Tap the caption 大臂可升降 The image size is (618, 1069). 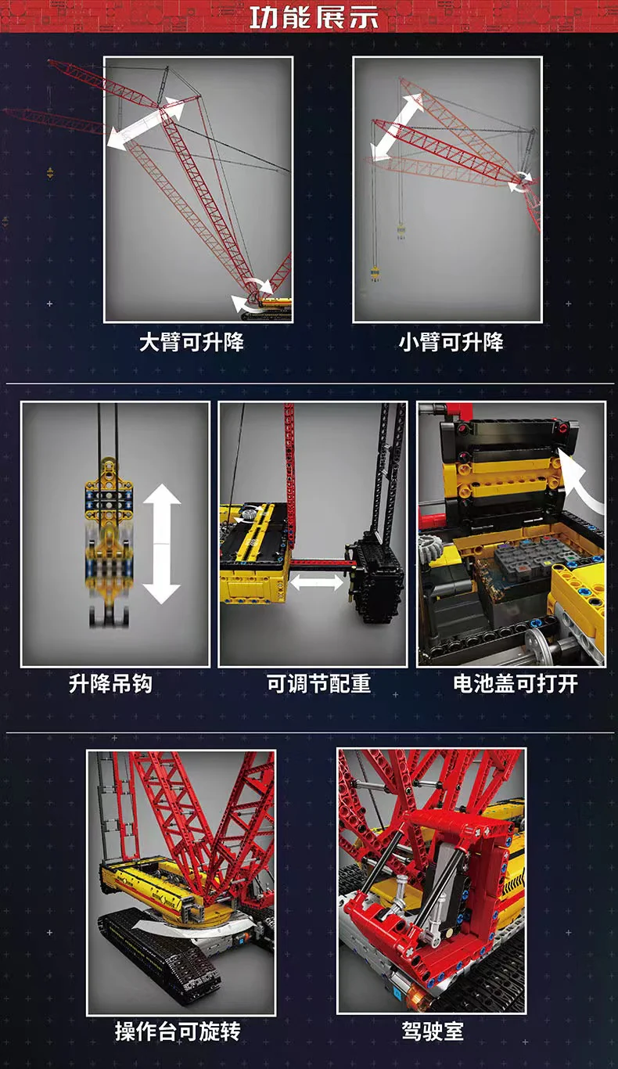click(x=192, y=343)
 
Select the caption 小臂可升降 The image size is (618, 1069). click(x=451, y=343)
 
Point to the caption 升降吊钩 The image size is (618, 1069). click(x=110, y=684)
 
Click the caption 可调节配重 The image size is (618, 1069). click(x=319, y=684)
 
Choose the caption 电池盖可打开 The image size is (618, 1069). click(x=516, y=684)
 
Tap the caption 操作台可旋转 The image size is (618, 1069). click(x=178, y=1031)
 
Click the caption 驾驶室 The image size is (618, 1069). click(x=433, y=1031)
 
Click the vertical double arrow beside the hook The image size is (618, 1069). click(x=161, y=544)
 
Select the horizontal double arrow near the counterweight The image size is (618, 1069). click(x=317, y=582)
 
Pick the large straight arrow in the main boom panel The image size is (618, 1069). click(x=146, y=124)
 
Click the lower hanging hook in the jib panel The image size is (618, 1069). click(x=375, y=275)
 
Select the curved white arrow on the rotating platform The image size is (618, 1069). click(x=191, y=924)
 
